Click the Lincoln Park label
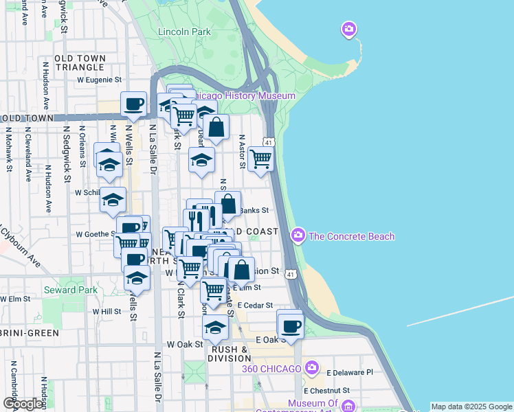183,32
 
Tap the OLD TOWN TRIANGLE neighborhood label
80,62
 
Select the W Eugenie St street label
99,80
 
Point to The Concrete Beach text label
352,237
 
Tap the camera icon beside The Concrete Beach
298,236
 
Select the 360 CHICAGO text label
271,369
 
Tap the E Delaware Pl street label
349,372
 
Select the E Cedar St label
254,305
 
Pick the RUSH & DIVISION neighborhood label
228,354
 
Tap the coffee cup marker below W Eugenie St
134,104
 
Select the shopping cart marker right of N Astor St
261,159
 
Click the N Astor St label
242,151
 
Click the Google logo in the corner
23,404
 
